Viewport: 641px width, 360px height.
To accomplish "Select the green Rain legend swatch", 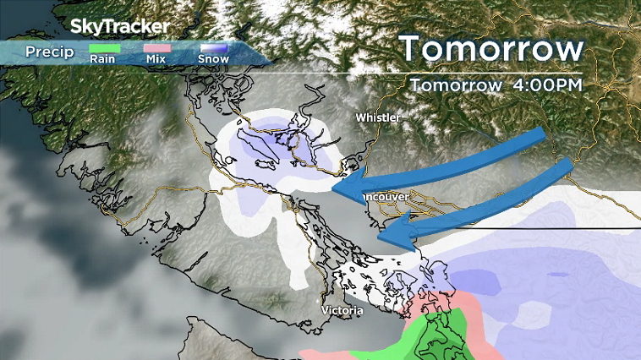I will click(106, 49).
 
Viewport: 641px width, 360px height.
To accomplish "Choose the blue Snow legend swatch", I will click(213, 49).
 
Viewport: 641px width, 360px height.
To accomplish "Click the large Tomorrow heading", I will click(491, 48).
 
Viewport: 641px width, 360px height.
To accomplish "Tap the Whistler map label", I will click(377, 117).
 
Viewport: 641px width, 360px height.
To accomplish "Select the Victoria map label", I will click(342, 311).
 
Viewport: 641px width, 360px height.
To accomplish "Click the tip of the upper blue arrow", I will click(333, 191).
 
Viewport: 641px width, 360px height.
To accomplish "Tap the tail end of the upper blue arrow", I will click(541, 135).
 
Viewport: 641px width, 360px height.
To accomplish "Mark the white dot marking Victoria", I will click(319, 302).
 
